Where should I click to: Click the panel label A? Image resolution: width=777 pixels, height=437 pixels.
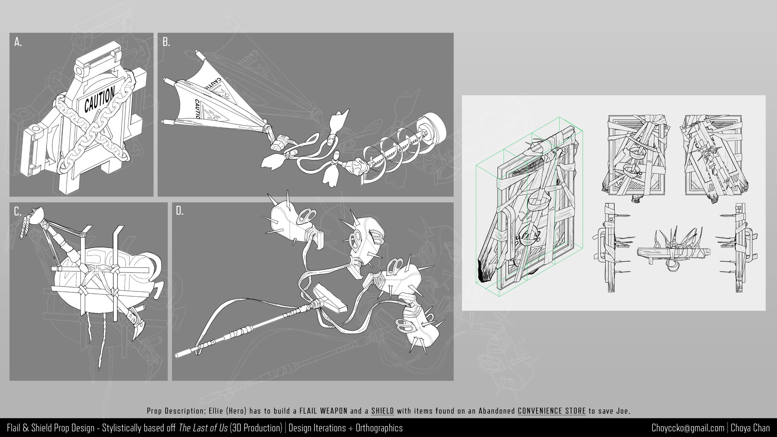coord(18,42)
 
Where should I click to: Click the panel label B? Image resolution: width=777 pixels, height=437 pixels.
coord(166,42)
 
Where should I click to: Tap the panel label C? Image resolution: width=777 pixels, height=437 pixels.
coord(18,211)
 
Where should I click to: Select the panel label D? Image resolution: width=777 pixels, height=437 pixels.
coord(180,211)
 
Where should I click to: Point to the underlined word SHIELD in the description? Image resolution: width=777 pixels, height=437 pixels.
coord(382,411)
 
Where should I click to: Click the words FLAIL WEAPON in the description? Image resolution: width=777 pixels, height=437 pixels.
coord(323,411)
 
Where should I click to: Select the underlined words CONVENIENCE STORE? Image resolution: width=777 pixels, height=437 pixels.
coord(551,411)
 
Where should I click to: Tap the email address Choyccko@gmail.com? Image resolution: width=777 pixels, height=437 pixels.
coord(688,428)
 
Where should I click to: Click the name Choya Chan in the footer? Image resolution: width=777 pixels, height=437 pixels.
coord(750,428)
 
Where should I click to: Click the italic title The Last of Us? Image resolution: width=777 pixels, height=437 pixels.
coord(203,428)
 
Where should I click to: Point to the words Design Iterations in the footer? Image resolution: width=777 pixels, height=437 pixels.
coord(317,428)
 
